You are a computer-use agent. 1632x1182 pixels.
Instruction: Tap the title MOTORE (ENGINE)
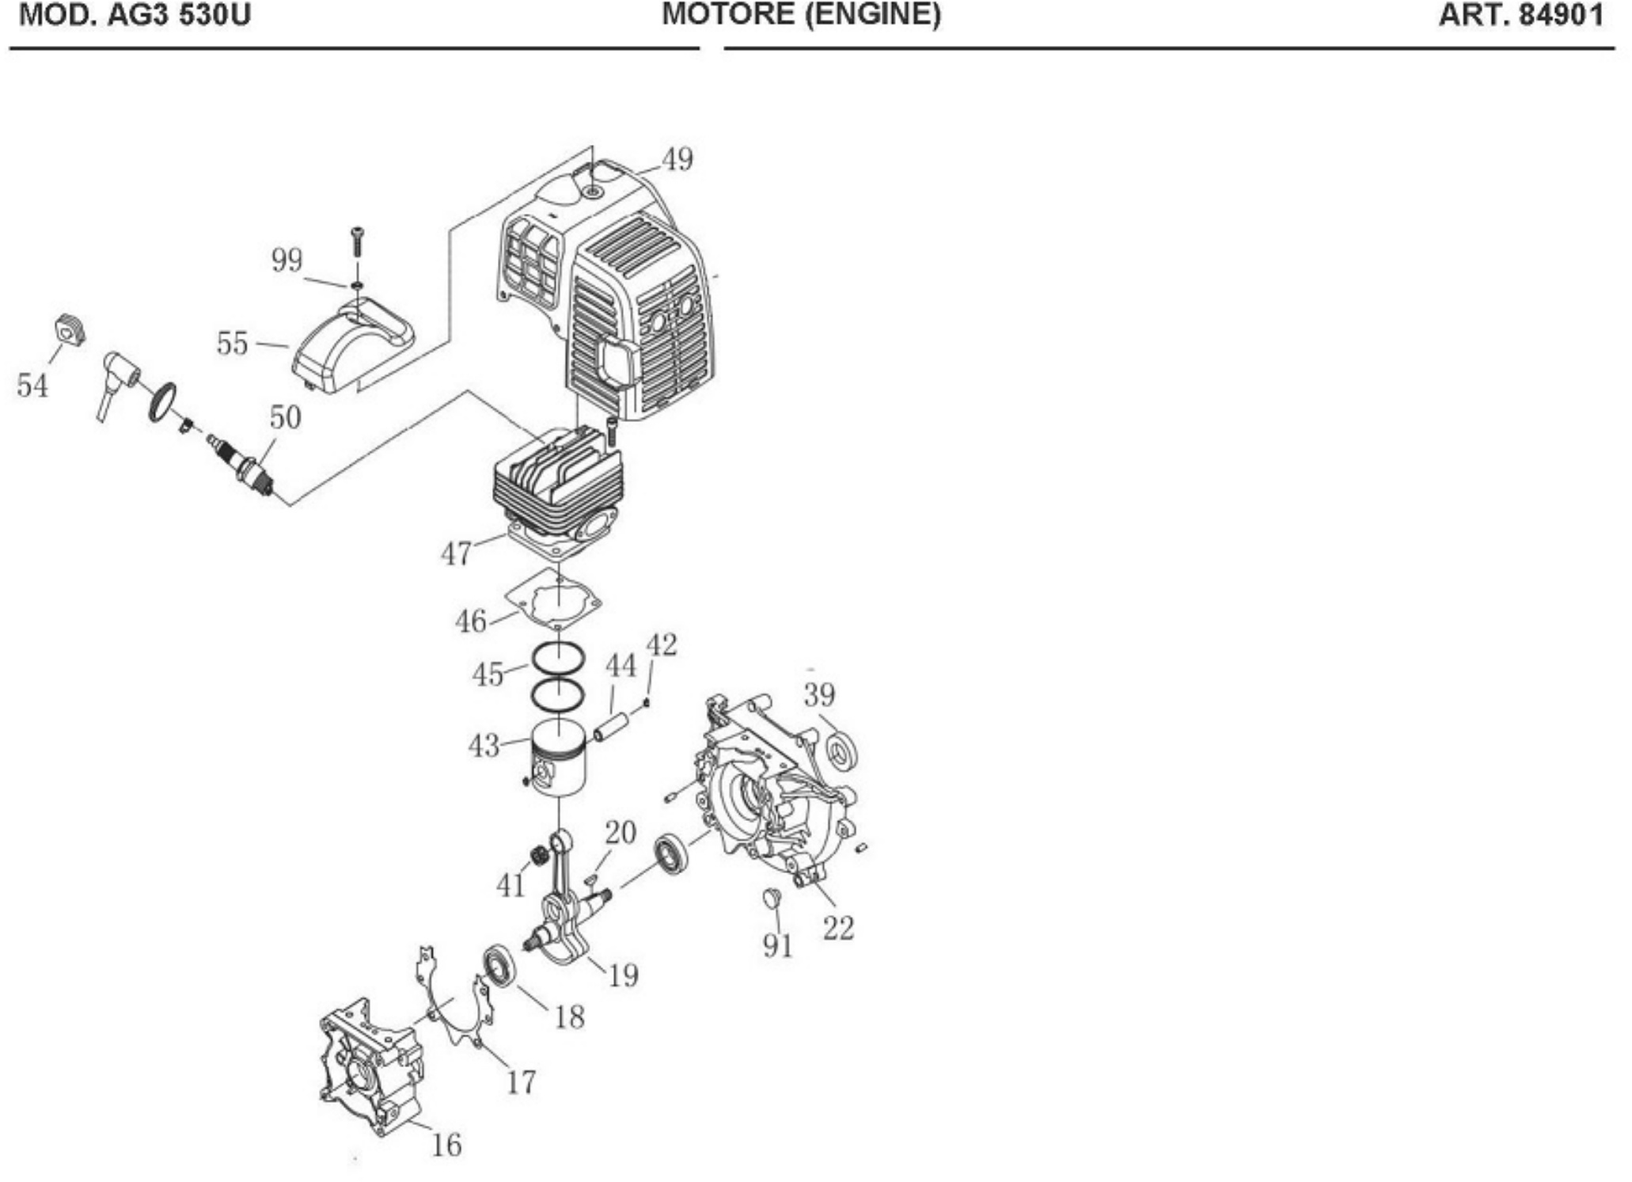(801, 14)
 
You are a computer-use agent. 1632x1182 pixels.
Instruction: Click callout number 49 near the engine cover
(677, 160)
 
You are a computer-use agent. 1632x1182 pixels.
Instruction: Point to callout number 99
(287, 260)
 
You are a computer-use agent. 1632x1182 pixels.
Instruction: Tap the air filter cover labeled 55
(353, 348)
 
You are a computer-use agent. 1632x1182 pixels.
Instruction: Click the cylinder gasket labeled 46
(553, 602)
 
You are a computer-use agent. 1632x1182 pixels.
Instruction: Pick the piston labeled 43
(558, 760)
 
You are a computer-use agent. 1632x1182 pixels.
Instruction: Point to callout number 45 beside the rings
(488, 675)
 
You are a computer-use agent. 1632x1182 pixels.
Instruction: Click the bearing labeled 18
(499, 966)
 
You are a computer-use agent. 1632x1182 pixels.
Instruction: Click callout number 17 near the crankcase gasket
(521, 1081)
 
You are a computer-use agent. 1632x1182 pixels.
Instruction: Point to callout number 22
(838, 928)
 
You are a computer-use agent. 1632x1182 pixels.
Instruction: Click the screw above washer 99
(358, 239)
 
